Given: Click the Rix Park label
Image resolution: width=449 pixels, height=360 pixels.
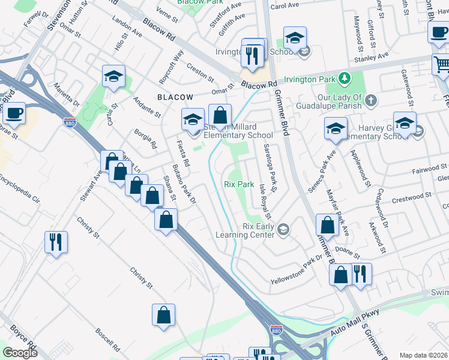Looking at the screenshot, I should (x=239, y=185).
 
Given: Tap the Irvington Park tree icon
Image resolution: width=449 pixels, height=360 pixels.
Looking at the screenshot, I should (x=345, y=78).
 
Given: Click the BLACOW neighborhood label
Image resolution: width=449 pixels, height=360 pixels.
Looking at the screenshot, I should (x=175, y=97).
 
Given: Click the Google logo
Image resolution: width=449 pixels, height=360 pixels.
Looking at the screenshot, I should (x=20, y=353).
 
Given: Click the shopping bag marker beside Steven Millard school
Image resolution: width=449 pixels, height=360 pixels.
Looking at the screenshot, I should (x=220, y=115).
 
